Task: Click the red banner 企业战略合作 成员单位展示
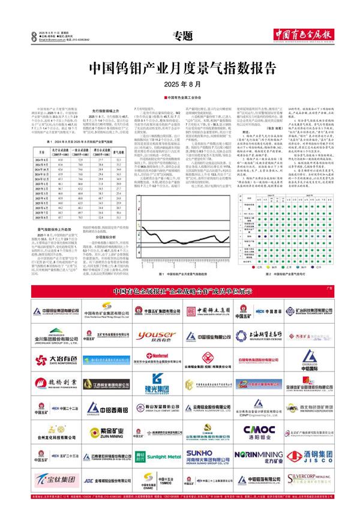[181, 292]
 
